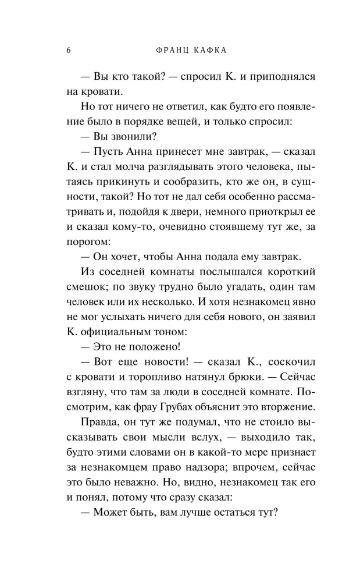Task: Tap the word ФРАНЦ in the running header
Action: [176, 50]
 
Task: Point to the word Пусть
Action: [106, 152]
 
